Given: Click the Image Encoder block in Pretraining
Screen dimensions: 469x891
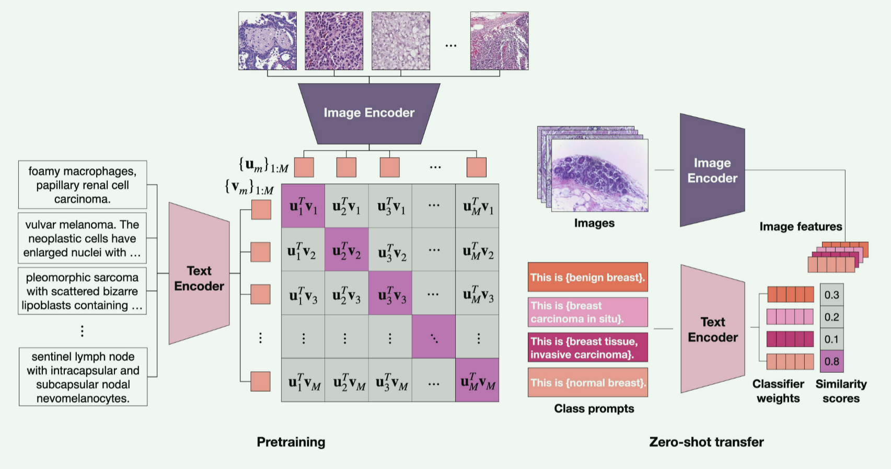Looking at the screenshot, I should coord(369,113).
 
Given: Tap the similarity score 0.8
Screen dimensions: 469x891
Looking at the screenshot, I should coord(831,361).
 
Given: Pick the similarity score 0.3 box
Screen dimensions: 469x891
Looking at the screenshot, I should coord(831,295).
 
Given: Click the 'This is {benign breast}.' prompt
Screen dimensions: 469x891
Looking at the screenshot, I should coord(587,277).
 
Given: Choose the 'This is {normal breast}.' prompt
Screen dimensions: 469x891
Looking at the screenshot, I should coord(587,383).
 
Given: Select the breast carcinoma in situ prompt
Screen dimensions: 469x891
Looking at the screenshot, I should coord(587,312).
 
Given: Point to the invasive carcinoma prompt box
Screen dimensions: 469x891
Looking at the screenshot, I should coord(587,348).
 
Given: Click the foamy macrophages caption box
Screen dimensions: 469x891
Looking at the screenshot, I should coord(83,185).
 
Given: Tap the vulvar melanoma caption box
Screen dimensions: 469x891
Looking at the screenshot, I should coord(83,238).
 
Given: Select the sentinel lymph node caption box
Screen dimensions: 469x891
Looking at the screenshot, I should coord(83,377).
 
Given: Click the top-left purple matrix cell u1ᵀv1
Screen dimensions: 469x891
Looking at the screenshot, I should coord(303,206).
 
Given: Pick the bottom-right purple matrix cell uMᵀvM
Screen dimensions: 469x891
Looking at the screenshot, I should coord(477,380).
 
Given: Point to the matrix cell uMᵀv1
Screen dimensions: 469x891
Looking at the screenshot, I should coord(477,206).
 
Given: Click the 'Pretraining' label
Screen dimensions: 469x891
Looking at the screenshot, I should coord(291,442).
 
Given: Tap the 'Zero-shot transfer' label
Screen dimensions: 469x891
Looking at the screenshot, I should coord(706,442).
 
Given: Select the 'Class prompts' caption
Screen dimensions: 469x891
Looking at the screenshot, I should coord(594,408).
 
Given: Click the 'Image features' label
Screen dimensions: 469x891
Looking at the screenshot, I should coord(801,226).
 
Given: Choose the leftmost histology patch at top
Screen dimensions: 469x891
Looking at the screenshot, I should coord(268,41).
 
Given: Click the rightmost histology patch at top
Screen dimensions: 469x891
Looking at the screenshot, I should coord(499,41).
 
